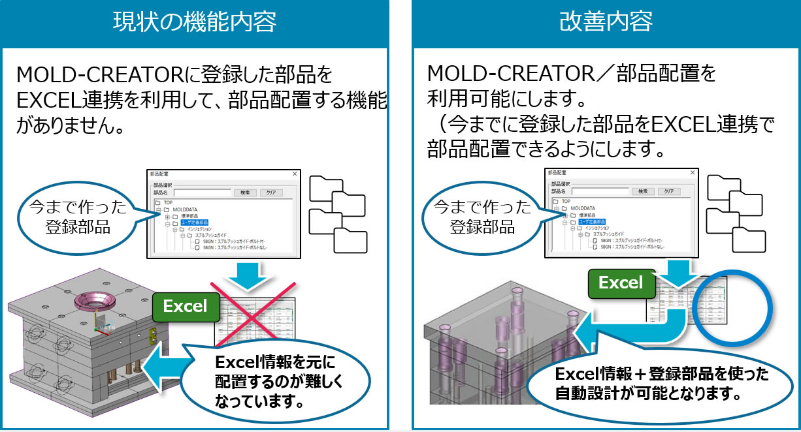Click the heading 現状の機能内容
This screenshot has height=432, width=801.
click(194, 22)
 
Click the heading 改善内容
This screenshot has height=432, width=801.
click(606, 22)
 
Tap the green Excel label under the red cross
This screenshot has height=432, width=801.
click(185, 306)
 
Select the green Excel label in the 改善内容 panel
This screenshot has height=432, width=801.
click(621, 283)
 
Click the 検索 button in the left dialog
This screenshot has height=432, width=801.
click(245, 193)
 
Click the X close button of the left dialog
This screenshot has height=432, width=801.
click(294, 174)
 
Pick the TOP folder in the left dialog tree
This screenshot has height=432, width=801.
click(168, 202)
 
